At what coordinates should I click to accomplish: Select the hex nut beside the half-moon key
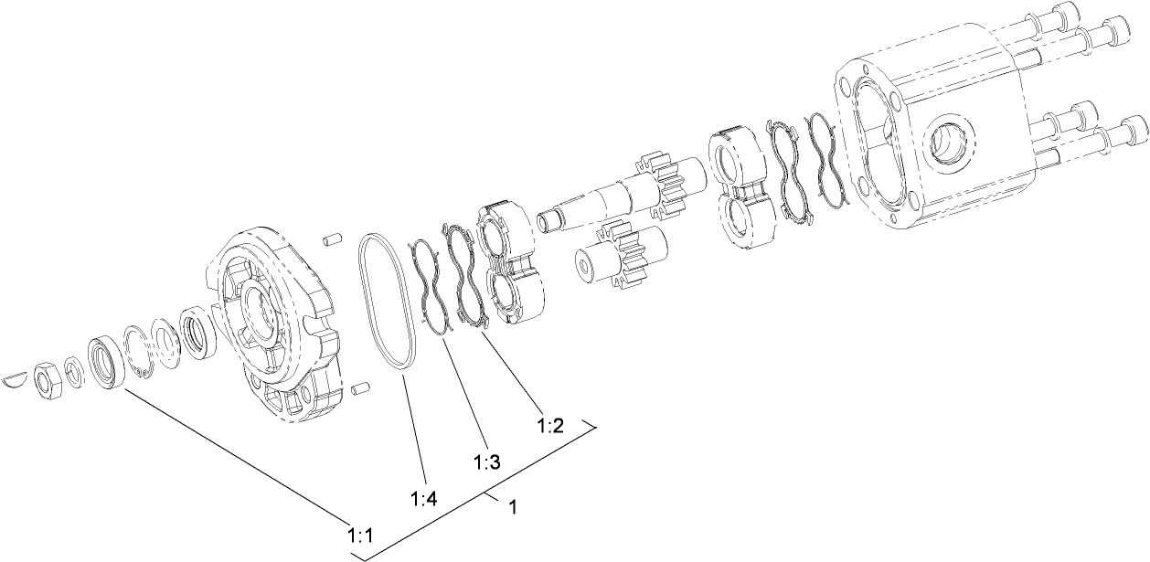coord(48,375)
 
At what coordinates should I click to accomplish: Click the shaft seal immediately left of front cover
coord(197,330)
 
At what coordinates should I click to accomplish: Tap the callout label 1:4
coord(424,499)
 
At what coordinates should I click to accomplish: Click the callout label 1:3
coord(487,462)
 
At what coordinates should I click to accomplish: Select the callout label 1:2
coord(549,425)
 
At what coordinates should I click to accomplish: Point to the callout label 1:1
coord(358,534)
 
